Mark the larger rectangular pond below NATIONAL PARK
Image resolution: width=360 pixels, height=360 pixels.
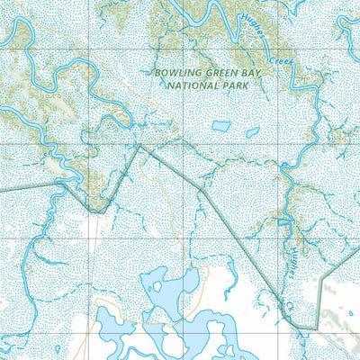[x=220, y=127]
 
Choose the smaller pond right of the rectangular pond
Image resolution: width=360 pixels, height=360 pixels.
[x=253, y=131]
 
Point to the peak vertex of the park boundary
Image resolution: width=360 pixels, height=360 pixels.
[x=138, y=147]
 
